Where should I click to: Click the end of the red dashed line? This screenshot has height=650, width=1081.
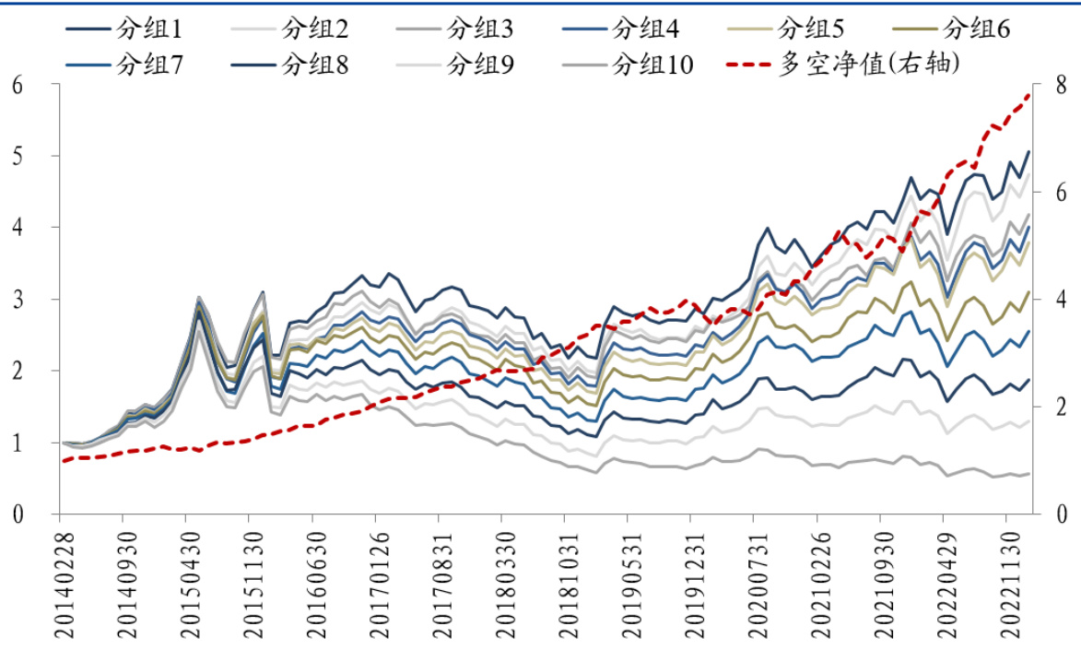click(1029, 93)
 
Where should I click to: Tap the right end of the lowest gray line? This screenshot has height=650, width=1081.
click(1029, 473)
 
